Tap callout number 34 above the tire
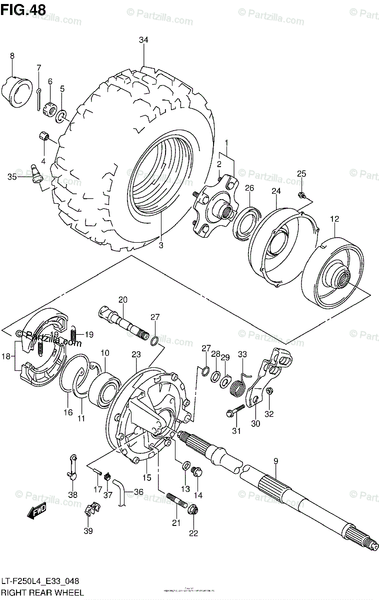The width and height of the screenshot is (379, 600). coord(143,40)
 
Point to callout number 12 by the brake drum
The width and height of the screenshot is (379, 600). coord(334,219)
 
